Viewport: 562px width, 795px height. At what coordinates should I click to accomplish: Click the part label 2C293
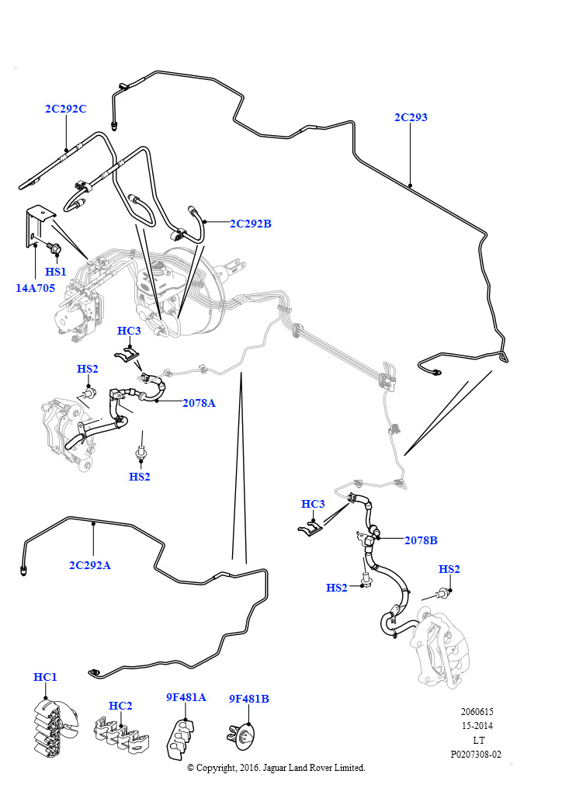(411, 117)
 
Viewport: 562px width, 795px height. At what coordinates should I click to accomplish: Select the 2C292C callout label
(65, 109)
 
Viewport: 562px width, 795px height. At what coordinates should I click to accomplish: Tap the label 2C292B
(250, 224)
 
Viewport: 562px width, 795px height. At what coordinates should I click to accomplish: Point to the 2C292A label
(90, 565)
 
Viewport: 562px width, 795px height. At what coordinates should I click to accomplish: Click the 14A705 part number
(35, 287)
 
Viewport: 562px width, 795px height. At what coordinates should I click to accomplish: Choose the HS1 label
(56, 272)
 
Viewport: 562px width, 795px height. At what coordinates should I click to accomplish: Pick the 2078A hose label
(199, 403)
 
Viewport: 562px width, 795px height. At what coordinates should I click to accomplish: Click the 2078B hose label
(421, 540)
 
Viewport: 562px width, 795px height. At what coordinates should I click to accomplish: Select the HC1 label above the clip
(46, 677)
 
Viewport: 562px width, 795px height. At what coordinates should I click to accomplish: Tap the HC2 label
(120, 706)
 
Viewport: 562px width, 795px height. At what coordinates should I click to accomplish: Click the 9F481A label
(186, 697)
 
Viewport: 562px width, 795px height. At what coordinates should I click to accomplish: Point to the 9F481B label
(248, 699)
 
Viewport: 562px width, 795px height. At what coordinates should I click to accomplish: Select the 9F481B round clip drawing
(244, 734)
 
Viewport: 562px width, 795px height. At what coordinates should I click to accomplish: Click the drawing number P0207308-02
(476, 754)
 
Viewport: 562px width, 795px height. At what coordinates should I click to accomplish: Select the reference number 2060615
(477, 712)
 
